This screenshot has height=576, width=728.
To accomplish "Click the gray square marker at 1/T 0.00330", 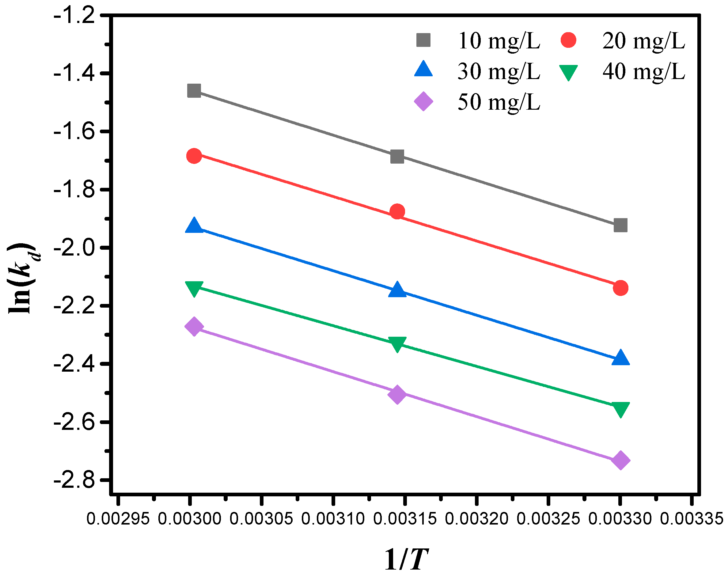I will pos(620,225).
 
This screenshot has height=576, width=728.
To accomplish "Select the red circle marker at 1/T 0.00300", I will pos(194,156).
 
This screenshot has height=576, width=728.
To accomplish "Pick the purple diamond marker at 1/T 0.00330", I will pos(620,461).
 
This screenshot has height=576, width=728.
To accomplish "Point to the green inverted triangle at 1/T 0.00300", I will pos(194,288).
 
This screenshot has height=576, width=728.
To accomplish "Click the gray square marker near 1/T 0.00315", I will pos(397,157).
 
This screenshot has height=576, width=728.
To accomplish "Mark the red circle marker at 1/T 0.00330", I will pos(620,288).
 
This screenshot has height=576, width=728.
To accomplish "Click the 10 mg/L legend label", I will pos(499,41).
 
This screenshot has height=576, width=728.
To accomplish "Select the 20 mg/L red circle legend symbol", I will pos(568,40).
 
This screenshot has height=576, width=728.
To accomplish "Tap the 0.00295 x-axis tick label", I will pos(118,518).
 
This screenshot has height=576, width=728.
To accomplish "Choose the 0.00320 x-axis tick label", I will pos(476,518).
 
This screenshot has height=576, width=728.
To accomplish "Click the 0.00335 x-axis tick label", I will pos(691,518).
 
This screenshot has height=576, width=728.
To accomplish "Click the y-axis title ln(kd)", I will pos(23,279).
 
